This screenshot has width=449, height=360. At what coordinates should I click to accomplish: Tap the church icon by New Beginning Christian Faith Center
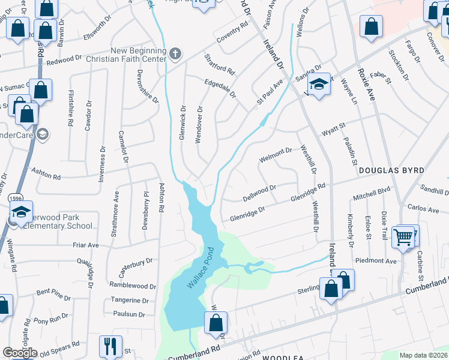pyautogui.click(x=175, y=55)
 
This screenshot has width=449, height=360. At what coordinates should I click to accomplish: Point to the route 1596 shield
pyautogui.click(x=16, y=197)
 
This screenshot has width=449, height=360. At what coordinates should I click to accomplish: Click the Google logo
pyautogui.click(x=20, y=353)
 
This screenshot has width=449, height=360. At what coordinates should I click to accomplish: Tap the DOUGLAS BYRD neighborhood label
pyautogui.click(x=387, y=171)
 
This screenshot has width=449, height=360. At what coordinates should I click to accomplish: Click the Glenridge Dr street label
pyautogui.click(x=244, y=213)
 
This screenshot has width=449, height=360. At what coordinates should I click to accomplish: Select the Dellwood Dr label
pyautogui.click(x=259, y=193)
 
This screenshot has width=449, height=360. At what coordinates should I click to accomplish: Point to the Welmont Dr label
pyautogui.click(x=275, y=155)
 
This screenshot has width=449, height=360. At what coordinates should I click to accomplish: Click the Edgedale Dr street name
pyautogui.click(x=220, y=89)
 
